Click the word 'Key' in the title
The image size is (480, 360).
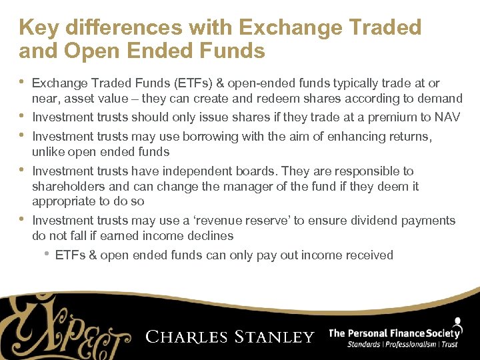39,27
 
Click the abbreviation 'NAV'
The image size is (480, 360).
447,117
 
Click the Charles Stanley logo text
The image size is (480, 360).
229,336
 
